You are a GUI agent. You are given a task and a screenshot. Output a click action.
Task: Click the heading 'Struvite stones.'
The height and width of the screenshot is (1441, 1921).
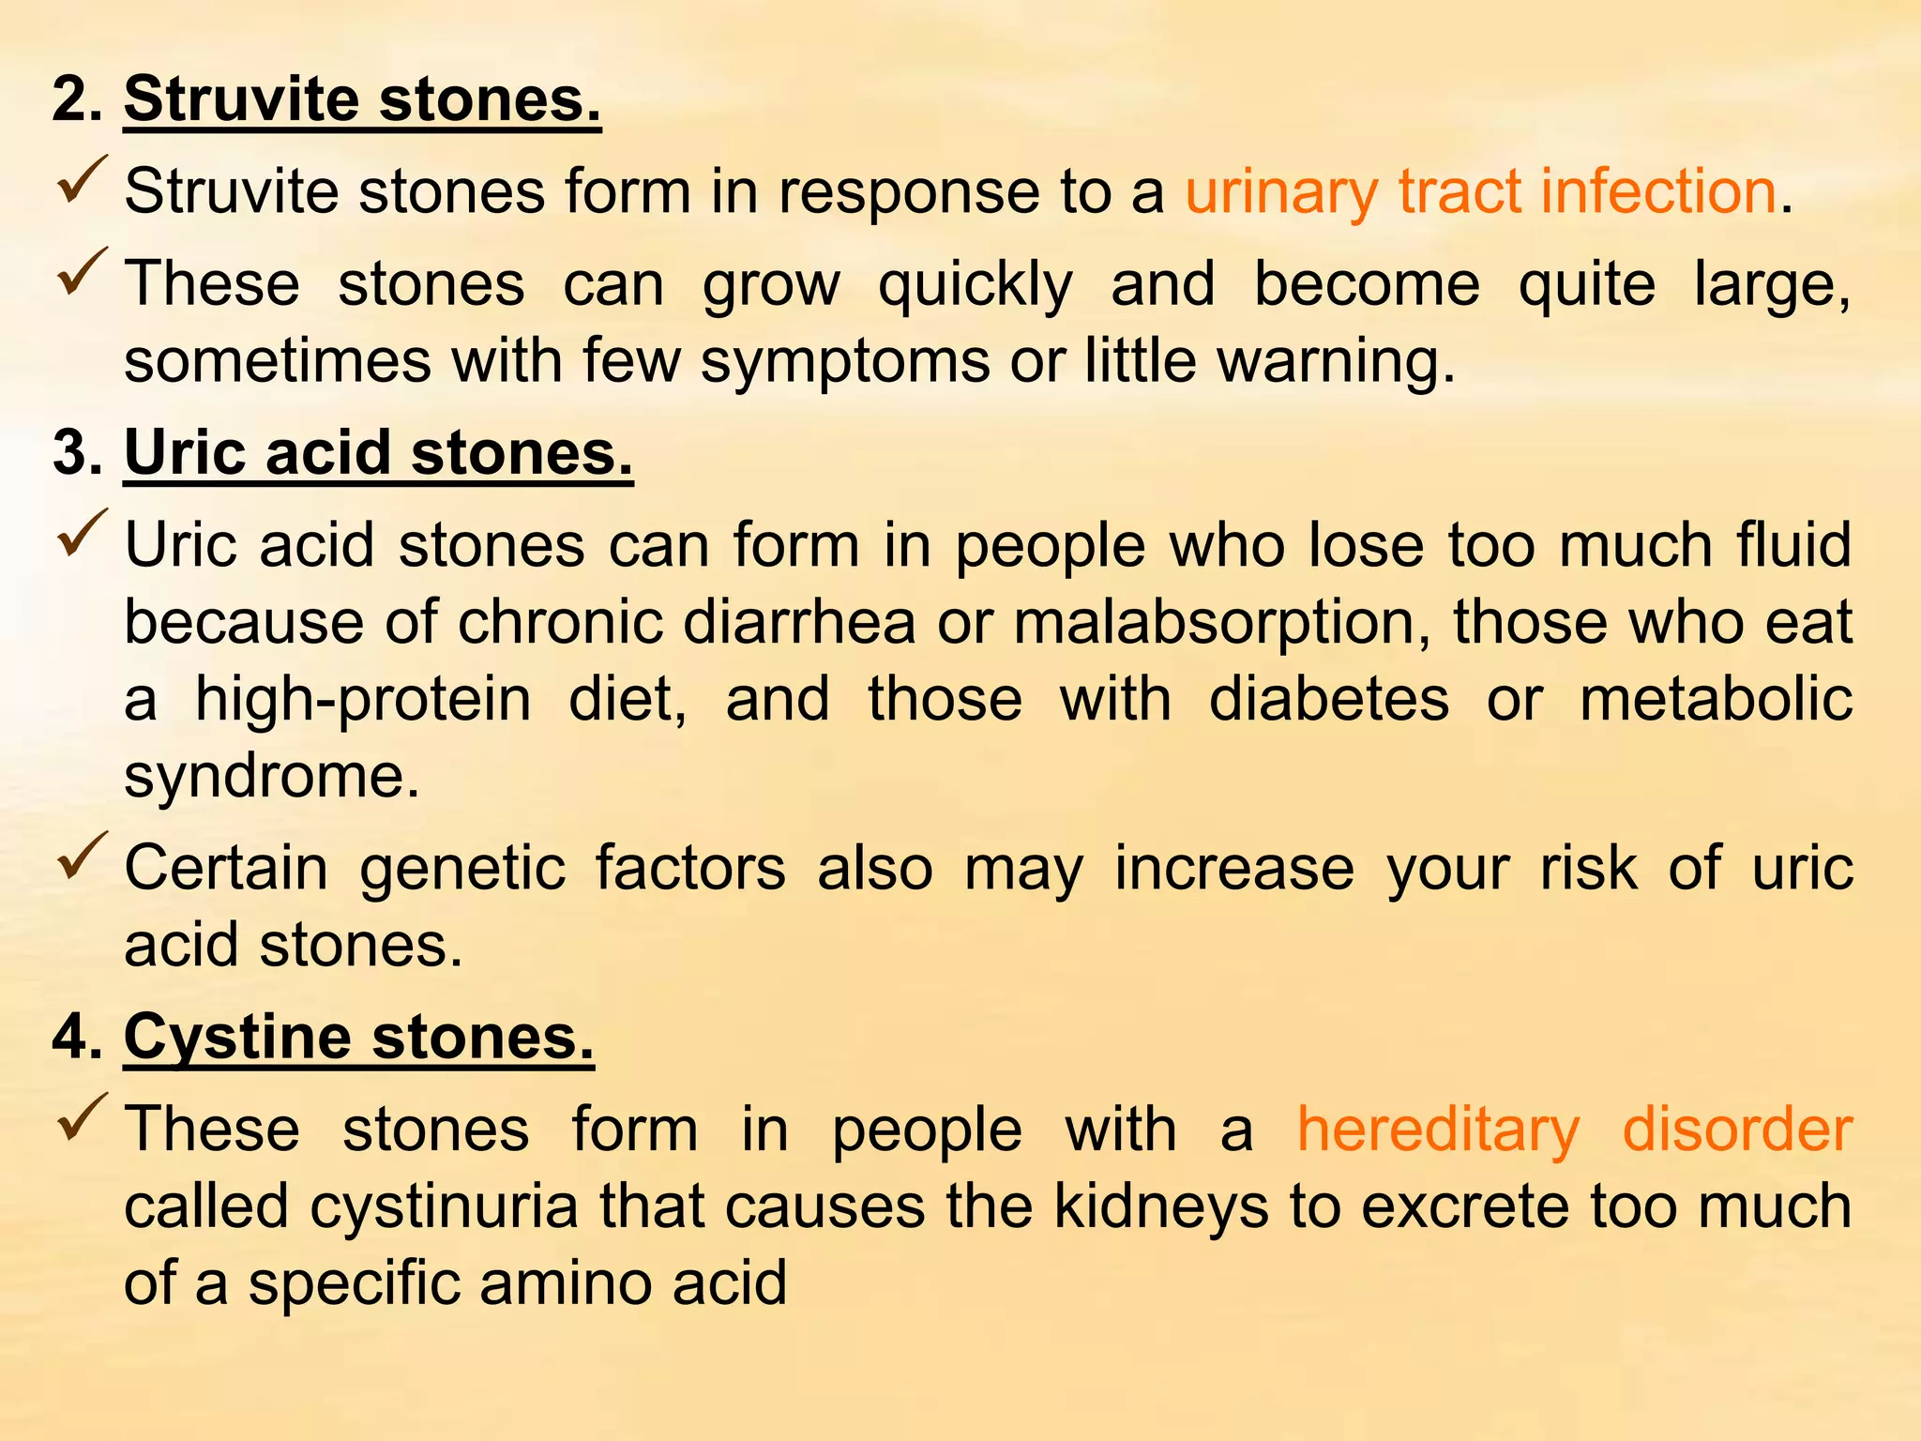[362, 99]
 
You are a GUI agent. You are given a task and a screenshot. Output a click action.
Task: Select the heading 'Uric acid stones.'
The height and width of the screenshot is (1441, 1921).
[378, 452]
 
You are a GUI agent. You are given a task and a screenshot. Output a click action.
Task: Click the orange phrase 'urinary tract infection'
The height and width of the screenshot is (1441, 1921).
[1480, 191]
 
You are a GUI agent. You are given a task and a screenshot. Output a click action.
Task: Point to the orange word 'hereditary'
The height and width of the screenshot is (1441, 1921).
[1438, 1129]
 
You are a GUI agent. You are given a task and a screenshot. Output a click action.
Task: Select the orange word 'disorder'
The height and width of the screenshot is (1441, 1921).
[1737, 1129]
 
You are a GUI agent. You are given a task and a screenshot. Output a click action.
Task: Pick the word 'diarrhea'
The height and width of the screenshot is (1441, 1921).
[799, 622]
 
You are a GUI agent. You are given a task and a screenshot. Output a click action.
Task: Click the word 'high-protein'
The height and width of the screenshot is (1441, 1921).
[363, 700]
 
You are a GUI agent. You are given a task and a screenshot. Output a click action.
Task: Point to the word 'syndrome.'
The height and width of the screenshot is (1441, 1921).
[272, 777]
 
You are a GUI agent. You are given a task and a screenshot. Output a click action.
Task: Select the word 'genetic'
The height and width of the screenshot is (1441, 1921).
[462, 868]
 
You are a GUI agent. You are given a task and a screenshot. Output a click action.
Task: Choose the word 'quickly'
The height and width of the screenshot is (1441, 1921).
[975, 284]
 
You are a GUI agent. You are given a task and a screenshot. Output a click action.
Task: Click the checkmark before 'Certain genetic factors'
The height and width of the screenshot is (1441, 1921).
[83, 856]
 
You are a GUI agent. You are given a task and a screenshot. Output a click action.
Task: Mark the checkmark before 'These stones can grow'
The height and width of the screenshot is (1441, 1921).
[83, 272]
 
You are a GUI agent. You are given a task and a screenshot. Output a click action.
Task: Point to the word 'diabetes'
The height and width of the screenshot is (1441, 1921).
[1328, 700]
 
